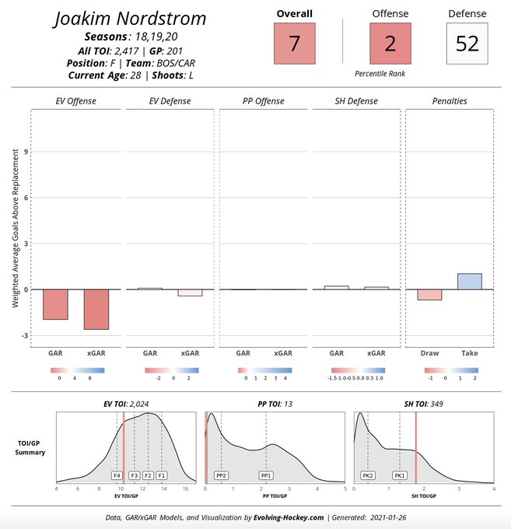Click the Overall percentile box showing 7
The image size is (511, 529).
click(x=294, y=44)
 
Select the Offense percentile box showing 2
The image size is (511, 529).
click(x=390, y=44)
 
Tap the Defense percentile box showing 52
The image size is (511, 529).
click(x=467, y=44)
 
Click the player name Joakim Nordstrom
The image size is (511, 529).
click(x=130, y=19)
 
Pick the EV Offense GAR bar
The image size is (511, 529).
click(x=55, y=304)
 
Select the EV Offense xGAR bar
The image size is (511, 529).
click(x=96, y=309)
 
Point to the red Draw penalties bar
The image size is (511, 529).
click(x=429, y=295)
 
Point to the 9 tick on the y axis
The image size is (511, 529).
click(x=27, y=152)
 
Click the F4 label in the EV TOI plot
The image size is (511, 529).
click(x=117, y=475)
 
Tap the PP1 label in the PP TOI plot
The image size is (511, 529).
click(x=266, y=475)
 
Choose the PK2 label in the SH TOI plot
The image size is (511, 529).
click(x=368, y=475)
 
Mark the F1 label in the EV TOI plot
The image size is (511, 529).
click(x=161, y=475)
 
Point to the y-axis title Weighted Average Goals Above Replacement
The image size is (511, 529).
click(x=15, y=226)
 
